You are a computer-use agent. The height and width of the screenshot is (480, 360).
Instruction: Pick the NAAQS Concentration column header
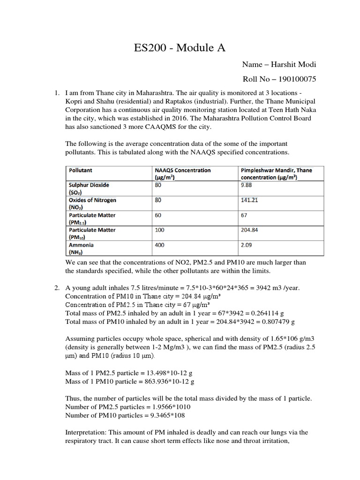(182, 171)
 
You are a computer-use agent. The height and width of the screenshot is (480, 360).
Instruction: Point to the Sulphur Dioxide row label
(89, 185)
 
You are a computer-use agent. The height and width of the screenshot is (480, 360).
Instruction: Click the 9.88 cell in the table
(247, 185)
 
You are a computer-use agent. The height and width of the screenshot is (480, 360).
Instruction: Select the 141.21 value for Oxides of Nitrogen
(249, 200)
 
